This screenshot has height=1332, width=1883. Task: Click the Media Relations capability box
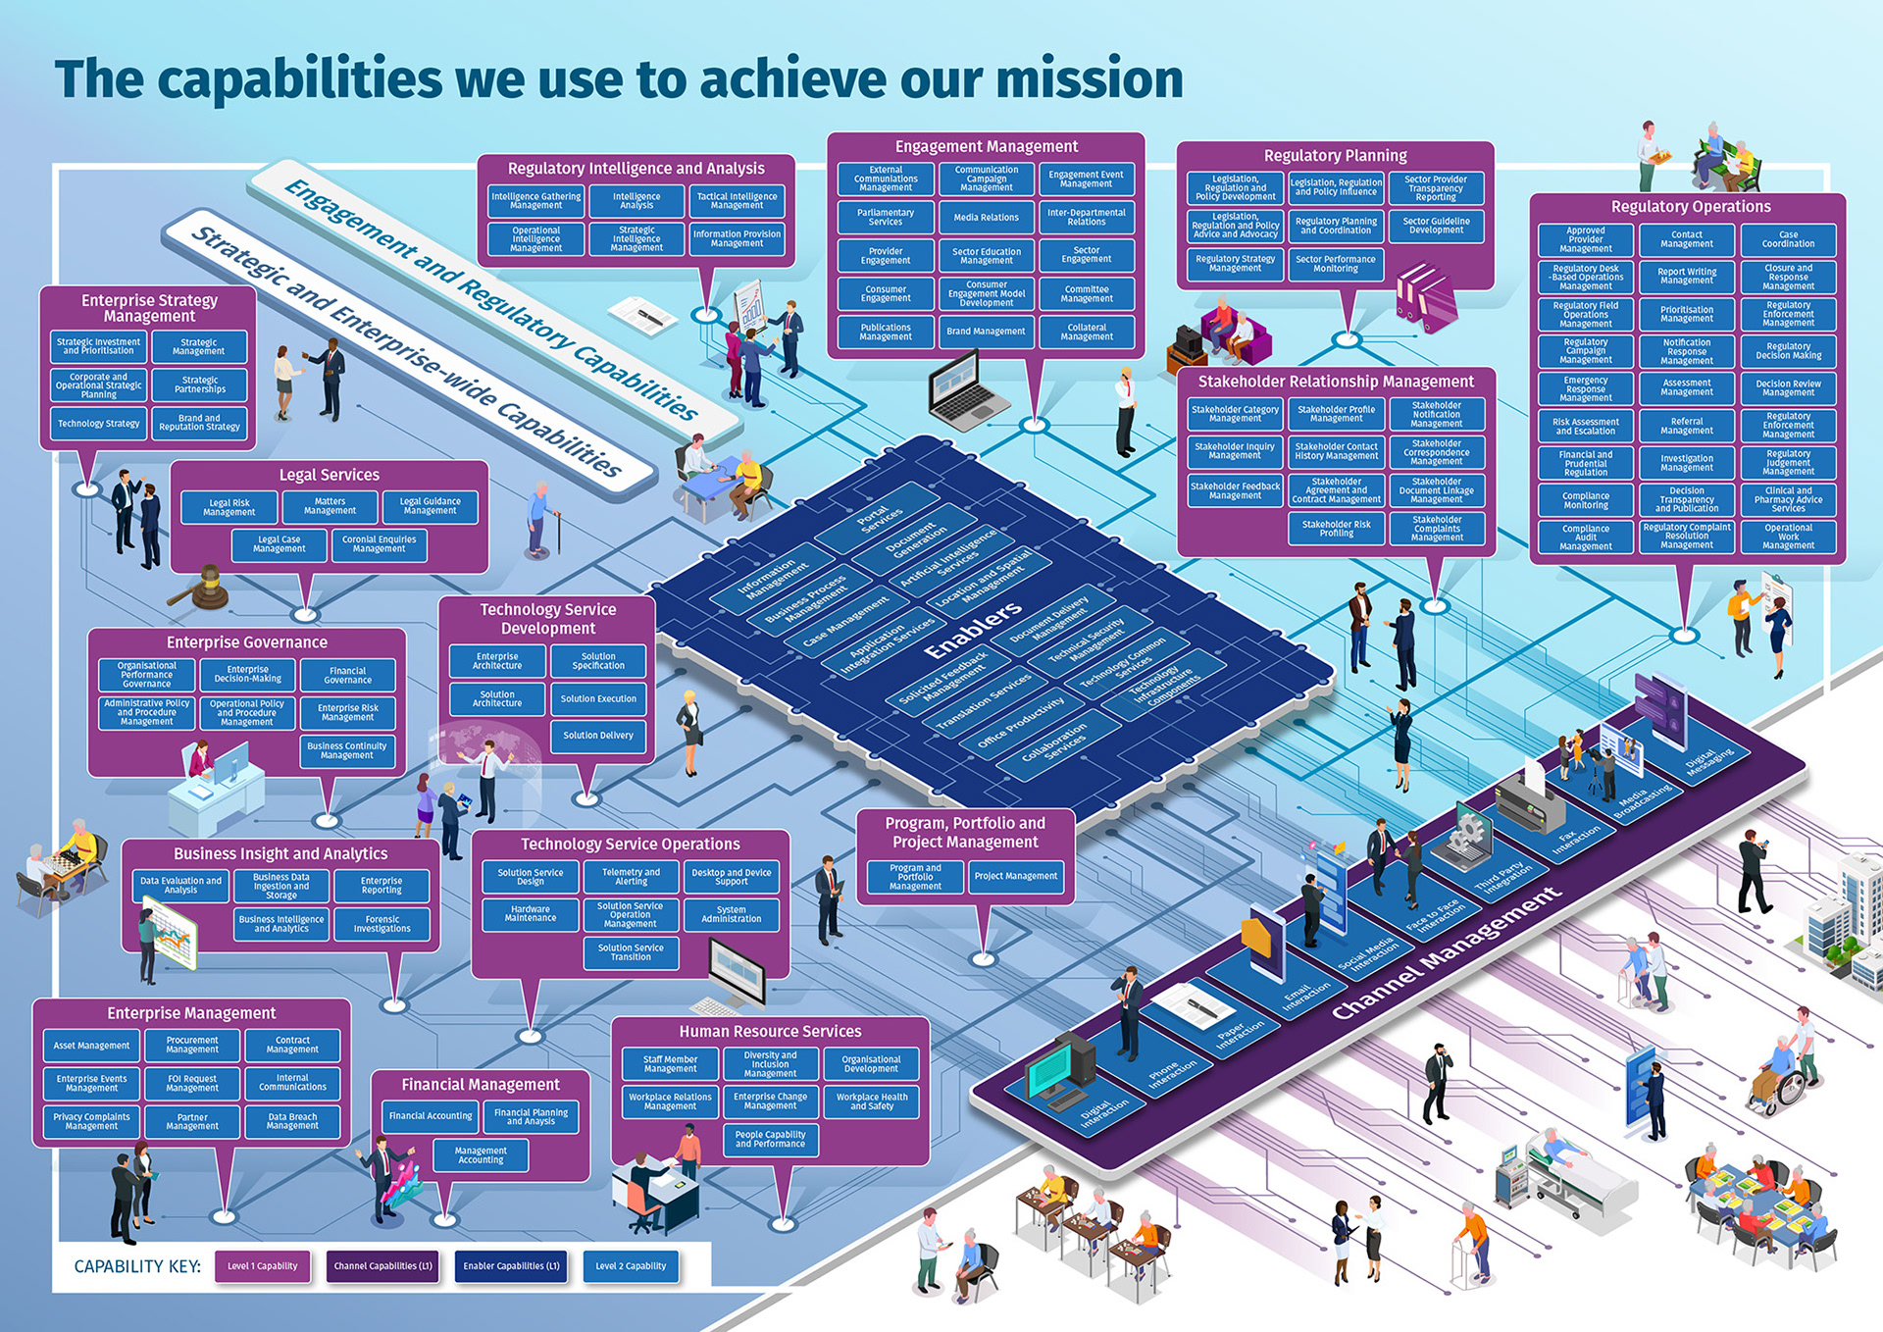pos(986,218)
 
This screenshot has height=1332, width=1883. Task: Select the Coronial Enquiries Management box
pos(379,544)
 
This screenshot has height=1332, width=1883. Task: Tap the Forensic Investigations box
pos(382,924)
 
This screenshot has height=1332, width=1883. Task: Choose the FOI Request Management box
pos(192,1083)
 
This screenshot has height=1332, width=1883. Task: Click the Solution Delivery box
pos(598,736)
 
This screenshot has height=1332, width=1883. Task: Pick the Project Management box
pos(1015,876)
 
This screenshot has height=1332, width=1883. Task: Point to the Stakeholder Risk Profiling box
pos(1336,529)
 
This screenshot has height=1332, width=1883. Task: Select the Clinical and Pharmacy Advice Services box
pos(1788,499)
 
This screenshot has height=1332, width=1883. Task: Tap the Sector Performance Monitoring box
pos(1335,264)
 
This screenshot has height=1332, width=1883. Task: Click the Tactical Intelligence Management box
pos(737,201)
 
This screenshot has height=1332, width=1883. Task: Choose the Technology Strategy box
pos(98,424)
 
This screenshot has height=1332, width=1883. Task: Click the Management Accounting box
pos(481,1155)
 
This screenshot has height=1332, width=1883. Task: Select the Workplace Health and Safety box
pos(871,1101)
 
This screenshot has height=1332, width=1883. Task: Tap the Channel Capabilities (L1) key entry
pos(382,1266)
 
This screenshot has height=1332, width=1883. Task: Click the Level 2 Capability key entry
pos(631,1266)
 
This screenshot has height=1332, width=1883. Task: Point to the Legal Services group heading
pos(329,475)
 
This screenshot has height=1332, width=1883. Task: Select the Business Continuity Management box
pos(346,750)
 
